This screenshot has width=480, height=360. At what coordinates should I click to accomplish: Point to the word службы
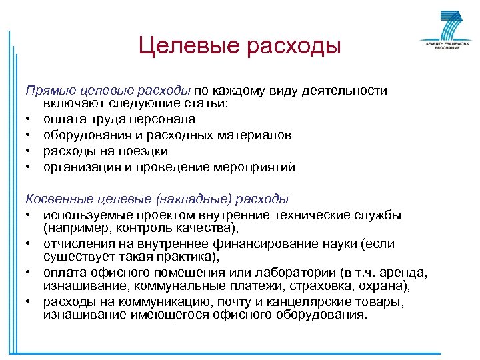[378, 215]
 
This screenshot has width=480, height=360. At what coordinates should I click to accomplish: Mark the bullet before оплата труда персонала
[29, 120]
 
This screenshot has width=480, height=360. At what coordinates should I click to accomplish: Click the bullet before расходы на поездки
[29, 152]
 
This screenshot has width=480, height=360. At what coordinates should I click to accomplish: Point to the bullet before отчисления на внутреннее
[29, 244]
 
